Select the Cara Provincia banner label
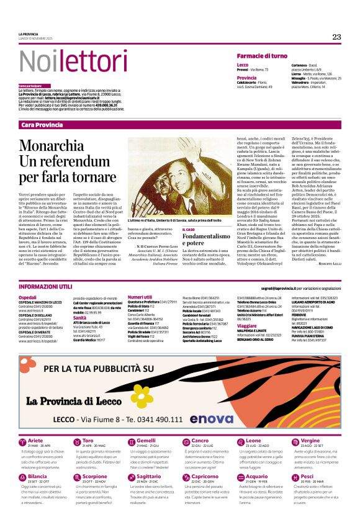click(x=42, y=125)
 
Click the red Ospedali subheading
click(x=27, y=297)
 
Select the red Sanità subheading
click(x=79, y=317)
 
